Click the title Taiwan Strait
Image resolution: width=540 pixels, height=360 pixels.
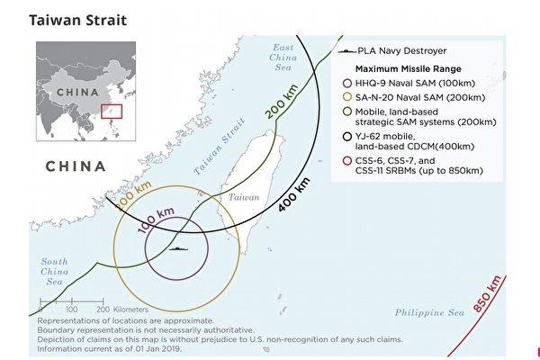coord(77,21)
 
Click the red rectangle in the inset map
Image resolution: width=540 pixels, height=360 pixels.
coord(112,104)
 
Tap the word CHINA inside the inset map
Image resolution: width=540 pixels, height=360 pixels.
coord(77,93)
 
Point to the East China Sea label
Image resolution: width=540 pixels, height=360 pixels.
coord(283,58)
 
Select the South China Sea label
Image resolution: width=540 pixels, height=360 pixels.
coord(54,272)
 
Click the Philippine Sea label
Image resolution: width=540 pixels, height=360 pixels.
coord(429,312)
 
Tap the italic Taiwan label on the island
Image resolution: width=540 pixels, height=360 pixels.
coord(244,197)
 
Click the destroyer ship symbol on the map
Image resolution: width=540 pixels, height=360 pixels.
coord(178,248)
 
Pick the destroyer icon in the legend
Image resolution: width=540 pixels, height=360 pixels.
coord(346,51)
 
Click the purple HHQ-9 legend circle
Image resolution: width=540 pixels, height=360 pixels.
coord(347,83)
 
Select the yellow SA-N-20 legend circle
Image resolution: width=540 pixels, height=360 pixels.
coord(347,97)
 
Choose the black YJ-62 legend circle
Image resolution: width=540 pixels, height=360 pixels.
coord(347,137)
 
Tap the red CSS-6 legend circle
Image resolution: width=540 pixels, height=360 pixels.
coord(347,161)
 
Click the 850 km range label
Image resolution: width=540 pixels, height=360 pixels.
coord(487,293)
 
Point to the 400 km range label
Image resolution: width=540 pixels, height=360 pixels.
coord(293,194)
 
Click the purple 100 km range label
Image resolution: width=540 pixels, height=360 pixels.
coord(156,220)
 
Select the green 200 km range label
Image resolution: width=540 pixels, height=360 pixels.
coord(281,102)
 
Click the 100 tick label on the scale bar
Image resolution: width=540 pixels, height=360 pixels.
coord(71,310)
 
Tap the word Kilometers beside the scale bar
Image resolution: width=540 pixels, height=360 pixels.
coord(130,310)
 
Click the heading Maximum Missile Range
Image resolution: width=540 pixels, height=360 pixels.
coord(408,69)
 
